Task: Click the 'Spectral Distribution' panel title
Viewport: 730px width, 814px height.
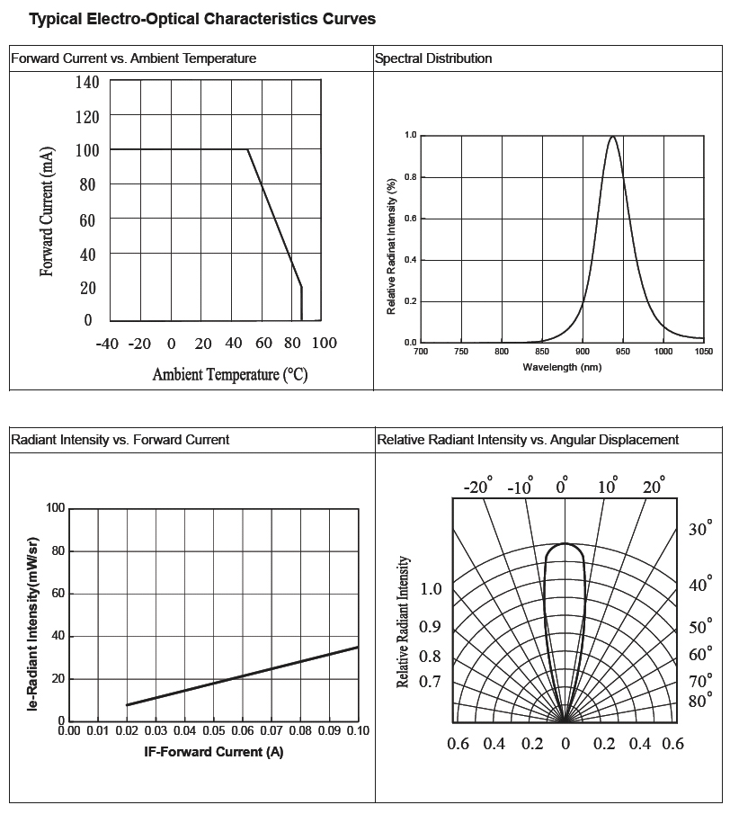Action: (x=433, y=58)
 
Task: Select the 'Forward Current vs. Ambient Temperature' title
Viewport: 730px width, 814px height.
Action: (x=133, y=58)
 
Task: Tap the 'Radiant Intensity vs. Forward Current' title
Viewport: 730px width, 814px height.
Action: (x=120, y=440)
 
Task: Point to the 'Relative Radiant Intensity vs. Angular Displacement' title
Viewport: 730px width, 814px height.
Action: (x=528, y=440)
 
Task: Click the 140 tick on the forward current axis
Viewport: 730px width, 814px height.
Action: (x=87, y=83)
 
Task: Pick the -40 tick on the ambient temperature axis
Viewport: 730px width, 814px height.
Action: (x=107, y=344)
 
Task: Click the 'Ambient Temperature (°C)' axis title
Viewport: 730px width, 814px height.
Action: (x=230, y=374)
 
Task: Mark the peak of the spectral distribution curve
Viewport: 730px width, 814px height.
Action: (x=613, y=138)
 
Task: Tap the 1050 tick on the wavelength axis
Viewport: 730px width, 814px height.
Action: (x=704, y=352)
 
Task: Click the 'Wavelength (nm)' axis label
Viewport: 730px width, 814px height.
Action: (x=562, y=367)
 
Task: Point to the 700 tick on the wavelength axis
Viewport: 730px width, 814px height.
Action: (x=421, y=352)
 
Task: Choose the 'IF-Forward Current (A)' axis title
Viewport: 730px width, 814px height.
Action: (x=214, y=752)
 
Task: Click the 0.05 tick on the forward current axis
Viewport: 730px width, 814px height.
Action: (x=213, y=731)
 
